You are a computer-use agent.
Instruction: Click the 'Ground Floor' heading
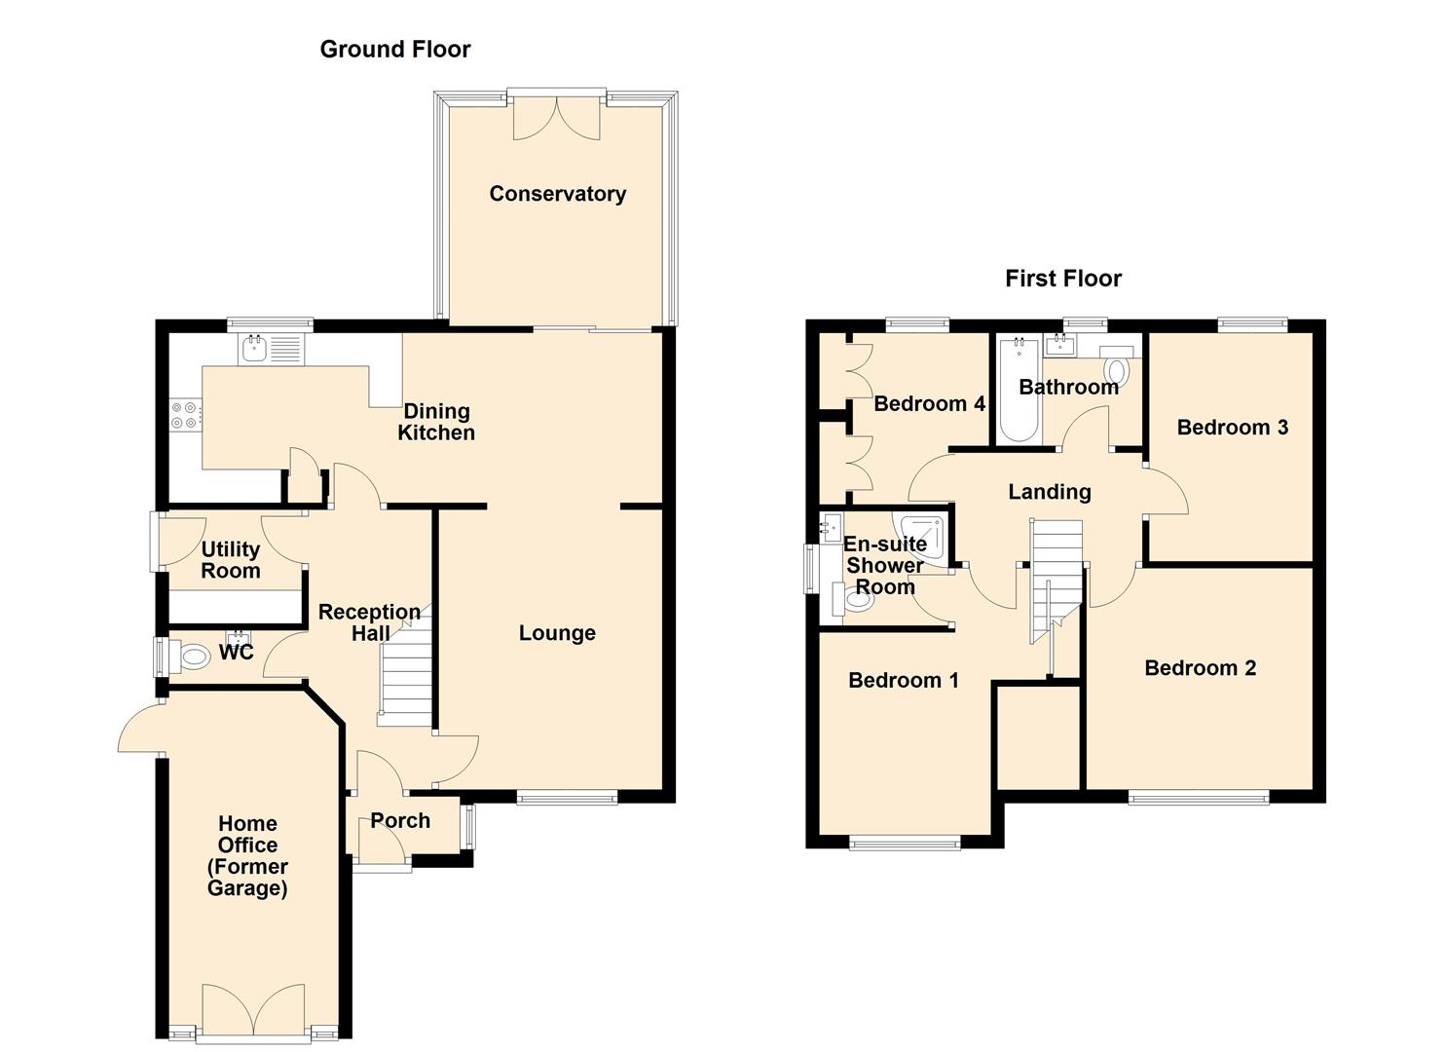point(394,50)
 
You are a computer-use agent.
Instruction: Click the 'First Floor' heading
point(1062,280)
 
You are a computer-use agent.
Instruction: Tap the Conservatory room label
point(557,194)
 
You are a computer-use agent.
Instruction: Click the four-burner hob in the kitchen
point(185,416)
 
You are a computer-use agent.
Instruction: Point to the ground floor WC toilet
point(192,657)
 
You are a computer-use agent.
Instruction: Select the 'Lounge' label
point(557,633)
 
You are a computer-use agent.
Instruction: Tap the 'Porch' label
point(400,821)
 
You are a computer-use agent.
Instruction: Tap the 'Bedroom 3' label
point(1232,428)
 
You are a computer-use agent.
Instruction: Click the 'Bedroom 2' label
point(1200,668)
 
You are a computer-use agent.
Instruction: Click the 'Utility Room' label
point(231,561)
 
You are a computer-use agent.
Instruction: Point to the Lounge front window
point(567,799)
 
